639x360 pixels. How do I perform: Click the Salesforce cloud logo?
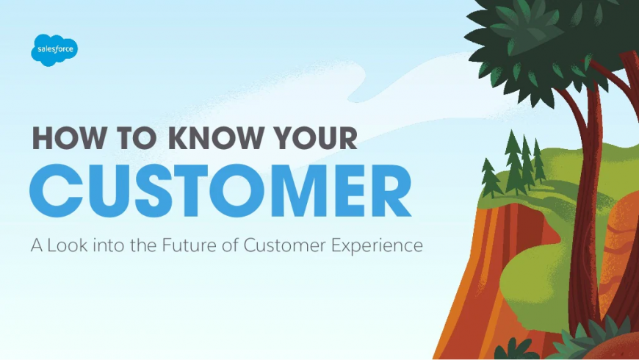point(54,50)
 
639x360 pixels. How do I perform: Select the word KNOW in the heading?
point(215,138)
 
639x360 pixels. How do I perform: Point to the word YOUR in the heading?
point(315,138)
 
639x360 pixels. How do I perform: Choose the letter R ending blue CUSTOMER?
point(391,190)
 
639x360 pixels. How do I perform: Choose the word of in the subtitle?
point(230,245)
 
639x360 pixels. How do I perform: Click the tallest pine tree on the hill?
point(513,162)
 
